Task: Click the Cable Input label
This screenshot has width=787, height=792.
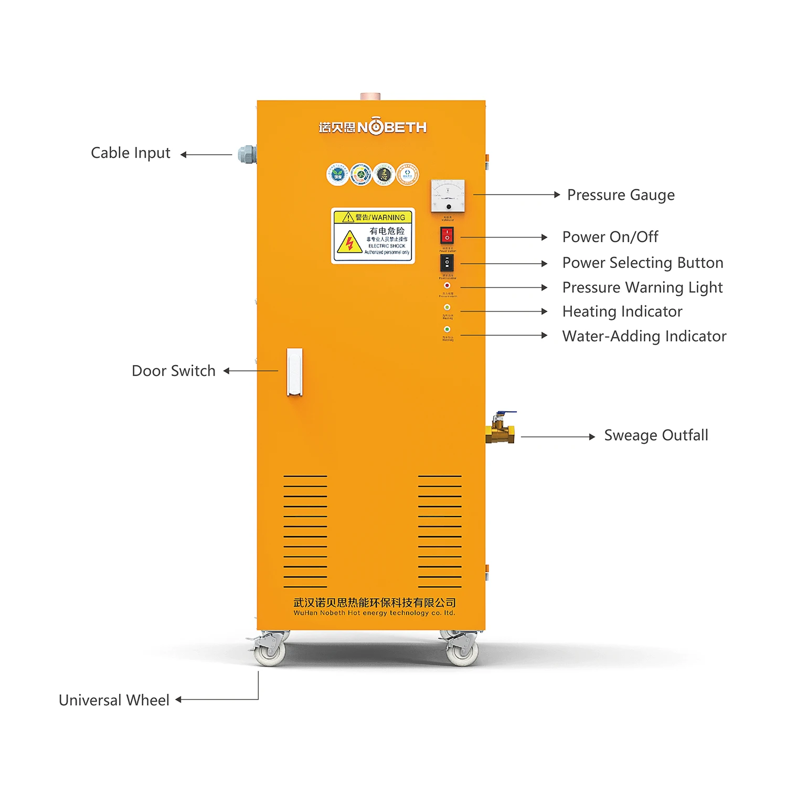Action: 131,153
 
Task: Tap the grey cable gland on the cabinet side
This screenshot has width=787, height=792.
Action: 247,154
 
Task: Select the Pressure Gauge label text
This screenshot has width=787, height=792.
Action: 621,195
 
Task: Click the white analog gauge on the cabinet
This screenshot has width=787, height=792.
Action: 448,196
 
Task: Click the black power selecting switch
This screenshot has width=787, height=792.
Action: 447,263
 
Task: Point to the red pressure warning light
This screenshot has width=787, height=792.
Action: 447,286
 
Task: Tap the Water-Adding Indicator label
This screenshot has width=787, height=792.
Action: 644,336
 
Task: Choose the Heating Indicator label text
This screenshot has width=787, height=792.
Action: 622,312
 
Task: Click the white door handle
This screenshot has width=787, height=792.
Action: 294,371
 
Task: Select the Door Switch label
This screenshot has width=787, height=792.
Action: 173,371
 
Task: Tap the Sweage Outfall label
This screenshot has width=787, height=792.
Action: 656,435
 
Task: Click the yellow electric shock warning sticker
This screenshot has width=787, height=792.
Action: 373,236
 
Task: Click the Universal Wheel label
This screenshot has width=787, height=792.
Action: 114,700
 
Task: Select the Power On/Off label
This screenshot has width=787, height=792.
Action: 610,237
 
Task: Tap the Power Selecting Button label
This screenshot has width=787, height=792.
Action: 642,263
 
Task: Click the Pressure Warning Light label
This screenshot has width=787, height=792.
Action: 642,287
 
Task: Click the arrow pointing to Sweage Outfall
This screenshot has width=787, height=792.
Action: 558,436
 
